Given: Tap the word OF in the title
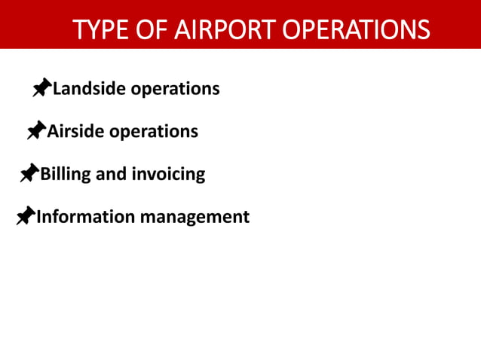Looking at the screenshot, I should point(151,29).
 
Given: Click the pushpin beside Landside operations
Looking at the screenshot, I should point(41,89).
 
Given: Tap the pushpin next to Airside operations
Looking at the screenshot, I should point(36,132).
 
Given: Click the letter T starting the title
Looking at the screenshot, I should point(79,29).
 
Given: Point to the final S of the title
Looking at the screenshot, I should point(424,29).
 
